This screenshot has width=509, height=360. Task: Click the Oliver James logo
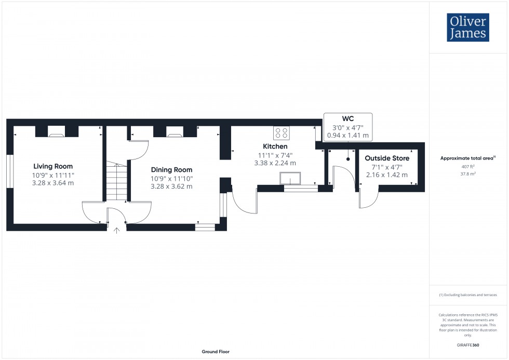click(468, 28)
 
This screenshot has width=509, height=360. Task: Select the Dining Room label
click(171, 170)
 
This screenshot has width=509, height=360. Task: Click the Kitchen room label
click(275, 146)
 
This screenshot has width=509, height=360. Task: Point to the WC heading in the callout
click(347, 118)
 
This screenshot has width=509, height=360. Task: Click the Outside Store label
click(387, 158)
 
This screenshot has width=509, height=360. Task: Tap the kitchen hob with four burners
click(282, 132)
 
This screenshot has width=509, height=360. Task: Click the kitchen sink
click(289, 179)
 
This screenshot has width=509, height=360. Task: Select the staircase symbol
click(117, 182)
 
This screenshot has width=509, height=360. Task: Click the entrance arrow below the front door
click(116, 230)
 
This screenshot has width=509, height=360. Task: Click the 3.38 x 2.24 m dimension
click(275, 163)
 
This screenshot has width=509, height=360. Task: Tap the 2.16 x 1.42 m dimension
click(387, 175)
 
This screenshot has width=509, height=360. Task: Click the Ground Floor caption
click(216, 352)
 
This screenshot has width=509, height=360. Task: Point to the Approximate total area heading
click(467, 158)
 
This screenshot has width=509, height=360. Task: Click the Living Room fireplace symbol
click(57, 135)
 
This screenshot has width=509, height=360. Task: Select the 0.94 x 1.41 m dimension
click(347, 136)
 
